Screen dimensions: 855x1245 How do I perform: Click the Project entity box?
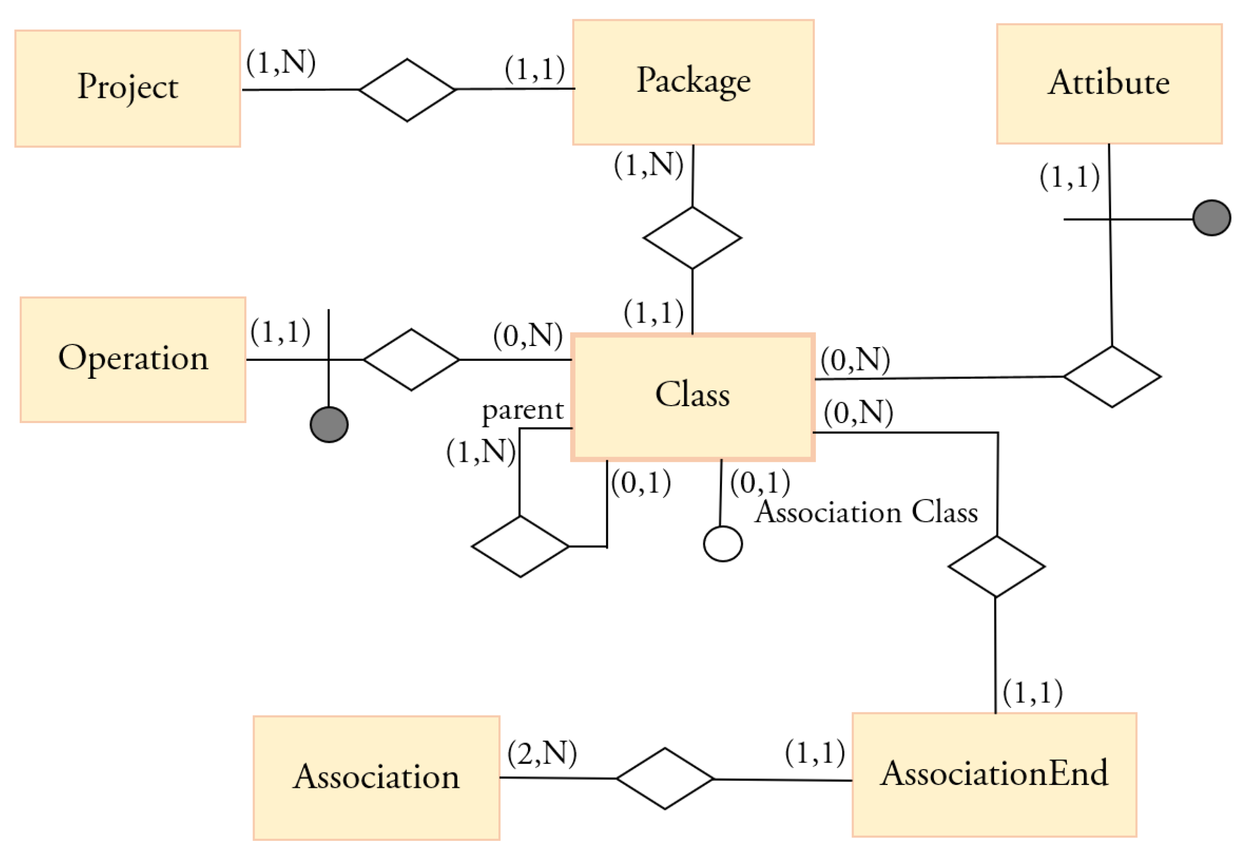[127, 88]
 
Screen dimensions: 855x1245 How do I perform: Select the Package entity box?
[692, 82]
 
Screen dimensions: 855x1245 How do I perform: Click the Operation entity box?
[133, 359]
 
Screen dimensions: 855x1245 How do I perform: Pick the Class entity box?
[692, 396]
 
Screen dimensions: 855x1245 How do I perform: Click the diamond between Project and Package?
[407, 90]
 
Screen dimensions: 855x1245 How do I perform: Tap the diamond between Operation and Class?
[411, 359]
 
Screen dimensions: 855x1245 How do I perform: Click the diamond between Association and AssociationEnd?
[664, 778]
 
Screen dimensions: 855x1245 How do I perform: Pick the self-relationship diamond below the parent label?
[520, 546]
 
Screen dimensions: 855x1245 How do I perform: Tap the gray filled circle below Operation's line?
[328, 424]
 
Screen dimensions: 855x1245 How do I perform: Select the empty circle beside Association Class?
[722, 543]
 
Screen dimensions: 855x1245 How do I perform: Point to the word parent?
[522, 410]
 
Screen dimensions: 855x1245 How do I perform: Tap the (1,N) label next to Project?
[280, 62]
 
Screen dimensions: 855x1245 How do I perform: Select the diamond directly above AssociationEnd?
[996, 566]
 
